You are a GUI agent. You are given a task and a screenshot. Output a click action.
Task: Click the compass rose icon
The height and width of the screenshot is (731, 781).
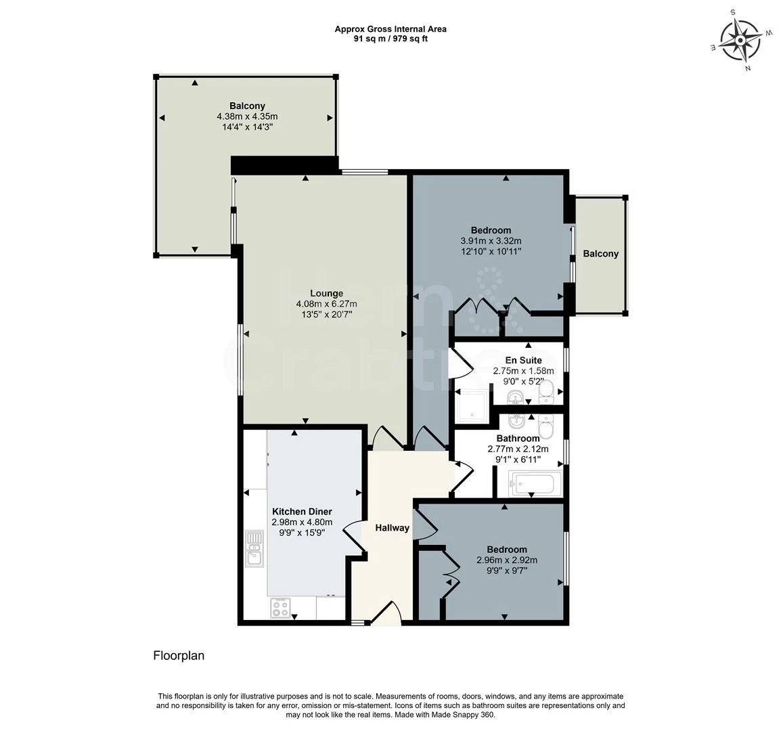click(x=740, y=40)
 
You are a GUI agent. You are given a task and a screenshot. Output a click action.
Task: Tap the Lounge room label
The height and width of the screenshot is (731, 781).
click(x=326, y=294)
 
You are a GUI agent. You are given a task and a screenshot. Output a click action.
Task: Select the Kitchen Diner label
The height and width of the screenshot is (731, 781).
click(x=302, y=511)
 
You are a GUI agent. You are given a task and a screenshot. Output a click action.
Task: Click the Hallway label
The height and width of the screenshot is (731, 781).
click(x=392, y=528)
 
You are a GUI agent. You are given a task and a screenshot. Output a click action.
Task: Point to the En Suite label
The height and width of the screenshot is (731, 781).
click(x=523, y=360)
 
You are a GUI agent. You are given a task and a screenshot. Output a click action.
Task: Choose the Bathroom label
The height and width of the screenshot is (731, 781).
click(x=518, y=439)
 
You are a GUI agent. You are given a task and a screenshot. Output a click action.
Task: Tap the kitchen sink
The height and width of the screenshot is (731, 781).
click(x=254, y=548)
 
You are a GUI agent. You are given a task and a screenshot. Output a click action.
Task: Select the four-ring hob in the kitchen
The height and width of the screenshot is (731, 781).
click(x=280, y=608)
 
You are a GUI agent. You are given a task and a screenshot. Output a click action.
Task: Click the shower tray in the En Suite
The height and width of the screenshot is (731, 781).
click(x=472, y=405)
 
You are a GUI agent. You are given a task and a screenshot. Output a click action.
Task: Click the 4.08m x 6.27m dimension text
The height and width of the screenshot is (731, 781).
click(x=326, y=304)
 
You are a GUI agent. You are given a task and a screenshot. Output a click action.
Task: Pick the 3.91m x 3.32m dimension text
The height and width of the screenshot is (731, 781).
click(x=491, y=241)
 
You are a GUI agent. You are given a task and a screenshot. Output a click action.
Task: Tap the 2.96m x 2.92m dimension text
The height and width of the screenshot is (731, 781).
click(x=507, y=560)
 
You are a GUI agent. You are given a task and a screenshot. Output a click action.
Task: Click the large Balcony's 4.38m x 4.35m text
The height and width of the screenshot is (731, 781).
click(x=247, y=116)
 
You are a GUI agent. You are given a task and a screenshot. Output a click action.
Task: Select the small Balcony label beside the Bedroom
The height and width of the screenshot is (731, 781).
click(x=601, y=254)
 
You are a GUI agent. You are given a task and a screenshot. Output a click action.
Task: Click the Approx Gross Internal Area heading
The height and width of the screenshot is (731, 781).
click(x=390, y=29)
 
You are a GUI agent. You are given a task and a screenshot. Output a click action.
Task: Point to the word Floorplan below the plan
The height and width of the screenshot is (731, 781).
click(x=179, y=656)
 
